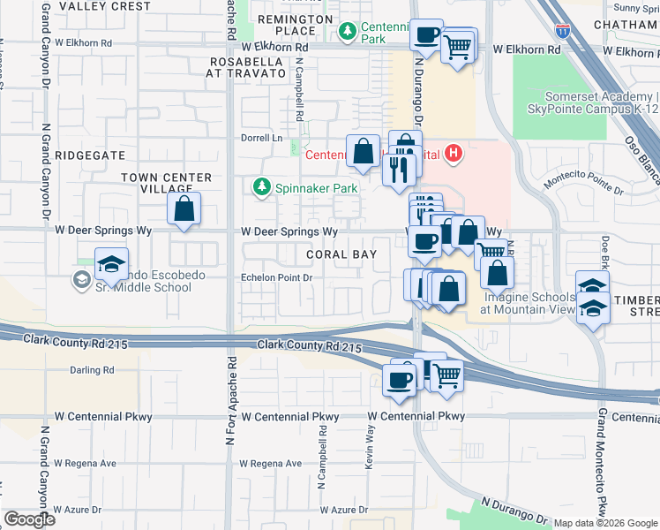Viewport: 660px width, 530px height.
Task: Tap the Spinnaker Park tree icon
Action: pos(261,187)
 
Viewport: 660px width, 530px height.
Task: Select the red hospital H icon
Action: pos(454,155)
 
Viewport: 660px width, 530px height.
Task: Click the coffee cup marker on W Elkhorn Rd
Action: pos(427,36)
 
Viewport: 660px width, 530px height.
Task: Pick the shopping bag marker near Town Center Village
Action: pos(184,210)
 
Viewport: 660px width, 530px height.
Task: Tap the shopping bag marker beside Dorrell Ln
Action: pos(364,152)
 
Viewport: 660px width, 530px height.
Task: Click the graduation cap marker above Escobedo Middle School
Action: pos(111,265)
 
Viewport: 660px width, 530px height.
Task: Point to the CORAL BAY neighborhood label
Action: pos(341,254)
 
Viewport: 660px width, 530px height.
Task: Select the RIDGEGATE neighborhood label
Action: pos(91,154)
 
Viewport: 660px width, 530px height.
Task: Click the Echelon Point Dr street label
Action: pos(278,277)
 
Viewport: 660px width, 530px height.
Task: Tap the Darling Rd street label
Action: pos(94,370)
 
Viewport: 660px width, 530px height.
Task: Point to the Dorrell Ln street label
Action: pos(262,139)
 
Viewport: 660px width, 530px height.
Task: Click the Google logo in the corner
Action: pos(29,519)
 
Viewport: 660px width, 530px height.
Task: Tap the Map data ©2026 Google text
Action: pos(604,523)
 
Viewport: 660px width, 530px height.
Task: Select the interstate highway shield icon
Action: pos(563,30)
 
